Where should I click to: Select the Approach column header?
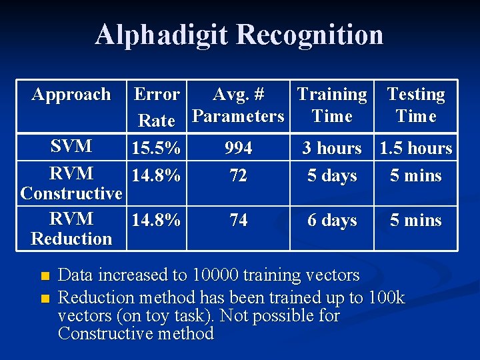click(x=71, y=95)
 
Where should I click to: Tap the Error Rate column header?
click(x=157, y=107)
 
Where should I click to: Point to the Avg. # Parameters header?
click(x=238, y=105)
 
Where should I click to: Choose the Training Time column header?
click(x=332, y=105)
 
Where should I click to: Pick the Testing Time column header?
click(x=416, y=105)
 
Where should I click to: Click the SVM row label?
click(x=71, y=147)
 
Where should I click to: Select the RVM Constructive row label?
click(x=71, y=183)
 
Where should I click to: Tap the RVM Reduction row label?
click(x=71, y=229)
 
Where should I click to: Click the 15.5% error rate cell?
click(x=157, y=149)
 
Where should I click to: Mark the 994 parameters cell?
click(x=238, y=149)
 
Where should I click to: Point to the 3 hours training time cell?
click(x=332, y=149)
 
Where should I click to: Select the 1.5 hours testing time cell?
click(x=416, y=149)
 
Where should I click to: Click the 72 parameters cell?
click(x=238, y=176)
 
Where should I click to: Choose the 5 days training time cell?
click(x=332, y=176)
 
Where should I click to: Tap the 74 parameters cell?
click(x=238, y=221)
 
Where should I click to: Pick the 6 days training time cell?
click(x=332, y=221)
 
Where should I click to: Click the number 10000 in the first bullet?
click(x=219, y=275)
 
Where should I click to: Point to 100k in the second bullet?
click(x=386, y=297)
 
